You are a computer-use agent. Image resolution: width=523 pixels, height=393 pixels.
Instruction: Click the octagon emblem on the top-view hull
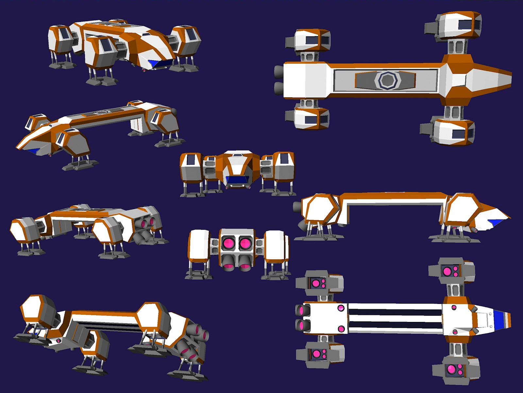pyautogui.click(x=387, y=80)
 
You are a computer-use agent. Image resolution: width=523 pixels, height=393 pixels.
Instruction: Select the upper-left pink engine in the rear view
pyautogui.click(x=228, y=243)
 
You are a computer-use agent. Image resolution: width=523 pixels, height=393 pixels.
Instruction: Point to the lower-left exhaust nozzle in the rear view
pyautogui.click(x=228, y=264)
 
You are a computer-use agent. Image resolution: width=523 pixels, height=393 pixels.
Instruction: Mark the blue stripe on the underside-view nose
pyautogui.click(x=498, y=319)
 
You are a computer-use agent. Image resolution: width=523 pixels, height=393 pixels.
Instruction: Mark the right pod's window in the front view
pyautogui.click(x=284, y=159)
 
